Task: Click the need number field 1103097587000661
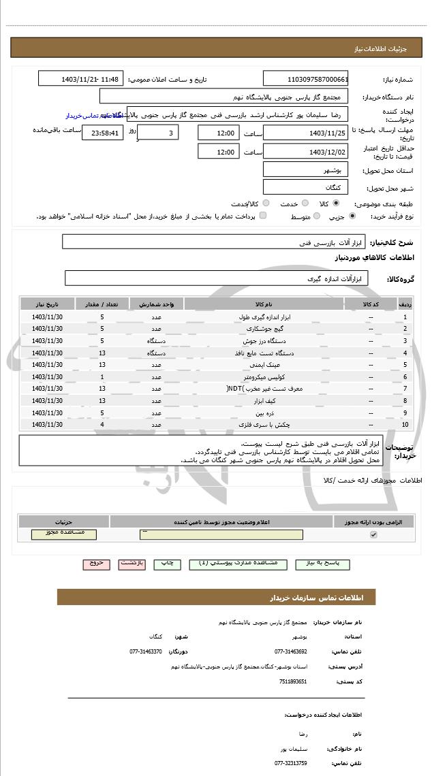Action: point(305,78)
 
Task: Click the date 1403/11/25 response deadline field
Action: point(305,133)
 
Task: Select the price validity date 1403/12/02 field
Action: point(305,152)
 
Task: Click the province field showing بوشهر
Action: point(305,169)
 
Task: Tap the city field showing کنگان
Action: point(305,187)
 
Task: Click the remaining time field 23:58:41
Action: point(103,133)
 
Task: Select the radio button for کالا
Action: point(336,204)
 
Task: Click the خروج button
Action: point(96,564)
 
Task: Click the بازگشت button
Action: point(132,564)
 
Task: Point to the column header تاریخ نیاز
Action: point(47,304)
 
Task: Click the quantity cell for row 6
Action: point(102,377)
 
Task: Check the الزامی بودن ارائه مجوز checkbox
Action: point(373,535)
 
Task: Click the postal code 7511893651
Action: point(293,681)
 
